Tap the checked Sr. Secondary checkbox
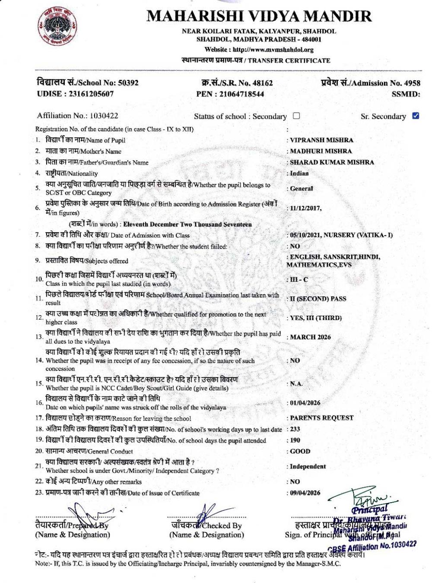(416, 116)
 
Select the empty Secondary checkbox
(296, 116)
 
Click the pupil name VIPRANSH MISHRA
(321, 140)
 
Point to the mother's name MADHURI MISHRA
(321, 151)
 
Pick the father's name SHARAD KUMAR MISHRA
(332, 162)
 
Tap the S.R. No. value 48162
(262, 83)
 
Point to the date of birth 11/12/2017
(305, 208)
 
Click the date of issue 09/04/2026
(305, 493)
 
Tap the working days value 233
(295, 429)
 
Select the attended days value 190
(295, 440)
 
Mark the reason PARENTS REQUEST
(321, 418)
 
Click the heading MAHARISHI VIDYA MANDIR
(259, 16)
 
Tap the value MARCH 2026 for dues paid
(310, 337)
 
